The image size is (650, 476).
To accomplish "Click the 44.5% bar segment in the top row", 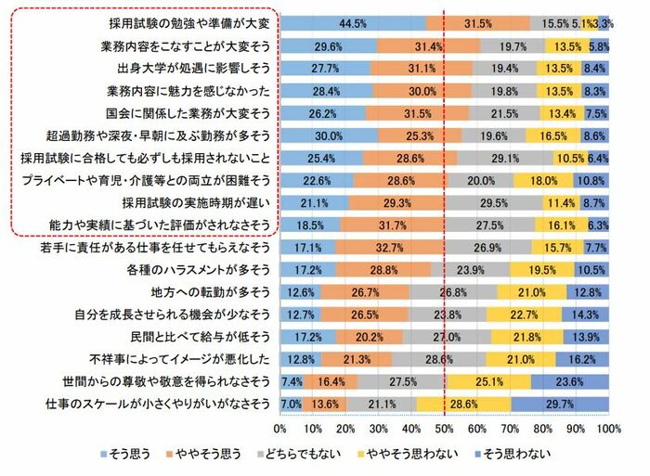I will point(353,22).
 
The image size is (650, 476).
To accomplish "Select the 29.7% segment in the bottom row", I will point(560,403).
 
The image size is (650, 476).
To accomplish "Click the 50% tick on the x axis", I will point(445,430).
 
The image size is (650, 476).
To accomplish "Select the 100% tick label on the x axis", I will point(608,430).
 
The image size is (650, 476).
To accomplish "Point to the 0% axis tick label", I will point(280,430).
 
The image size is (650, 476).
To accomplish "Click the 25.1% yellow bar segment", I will point(491,380).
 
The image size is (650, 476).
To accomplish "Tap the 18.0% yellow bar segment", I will point(543,179).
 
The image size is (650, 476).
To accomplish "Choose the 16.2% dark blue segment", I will point(582,358).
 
